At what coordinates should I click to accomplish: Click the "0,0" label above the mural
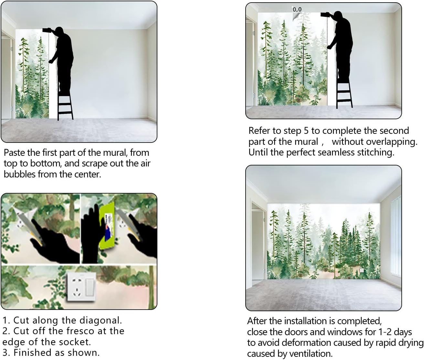297,9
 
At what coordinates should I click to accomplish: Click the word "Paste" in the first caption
15,153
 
